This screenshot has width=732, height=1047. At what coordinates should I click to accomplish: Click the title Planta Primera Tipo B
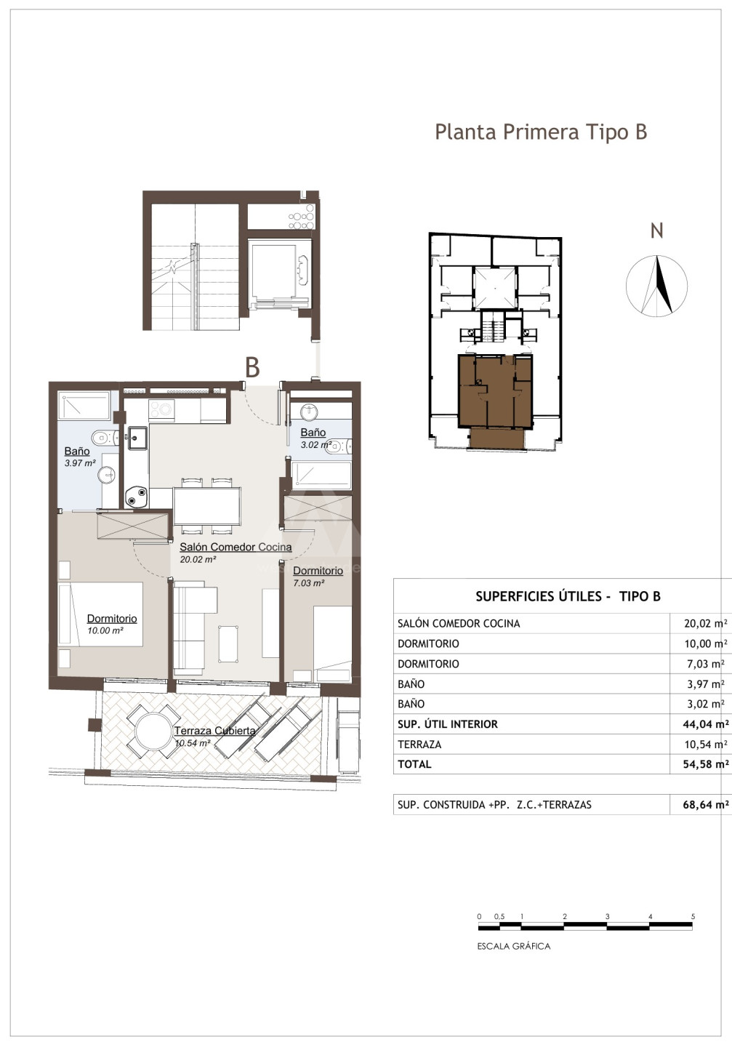[541, 132]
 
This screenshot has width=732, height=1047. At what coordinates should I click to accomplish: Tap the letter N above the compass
[656, 231]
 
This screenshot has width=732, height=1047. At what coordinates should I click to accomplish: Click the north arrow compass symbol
[656, 286]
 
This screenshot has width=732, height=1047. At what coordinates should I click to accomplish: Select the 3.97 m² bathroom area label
[80, 463]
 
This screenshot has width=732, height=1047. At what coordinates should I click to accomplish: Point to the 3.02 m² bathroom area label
[316, 444]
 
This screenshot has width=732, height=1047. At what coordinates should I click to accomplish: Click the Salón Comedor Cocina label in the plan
[236, 547]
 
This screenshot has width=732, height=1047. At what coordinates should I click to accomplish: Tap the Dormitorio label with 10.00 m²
[112, 618]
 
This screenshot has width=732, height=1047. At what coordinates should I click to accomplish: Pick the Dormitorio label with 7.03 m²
[318, 571]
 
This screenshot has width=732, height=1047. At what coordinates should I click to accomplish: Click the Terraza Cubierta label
[215, 731]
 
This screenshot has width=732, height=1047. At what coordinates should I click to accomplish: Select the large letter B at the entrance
[252, 367]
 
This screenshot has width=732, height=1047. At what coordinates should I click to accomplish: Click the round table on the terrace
[154, 731]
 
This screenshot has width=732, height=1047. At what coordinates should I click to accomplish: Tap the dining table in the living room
[207, 506]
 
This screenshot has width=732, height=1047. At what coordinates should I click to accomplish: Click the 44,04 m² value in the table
[706, 724]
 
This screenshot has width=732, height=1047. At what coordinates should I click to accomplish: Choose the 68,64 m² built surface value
[706, 804]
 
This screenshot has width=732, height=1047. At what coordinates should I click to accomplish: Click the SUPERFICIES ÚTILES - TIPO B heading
[568, 596]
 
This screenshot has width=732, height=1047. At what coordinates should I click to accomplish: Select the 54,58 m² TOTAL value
[706, 764]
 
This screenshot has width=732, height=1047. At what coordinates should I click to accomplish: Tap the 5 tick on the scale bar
[693, 917]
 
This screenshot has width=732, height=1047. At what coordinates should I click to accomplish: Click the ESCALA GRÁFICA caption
[514, 946]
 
